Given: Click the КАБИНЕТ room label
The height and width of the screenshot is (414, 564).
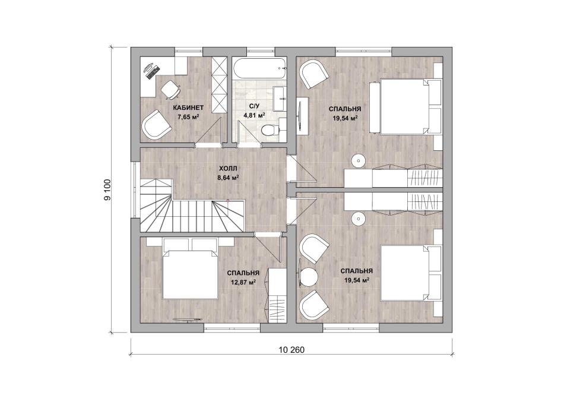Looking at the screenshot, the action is [x=188, y=108].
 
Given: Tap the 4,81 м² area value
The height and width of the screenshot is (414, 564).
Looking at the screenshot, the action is [x=254, y=115].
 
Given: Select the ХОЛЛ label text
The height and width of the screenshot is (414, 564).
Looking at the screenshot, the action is [x=228, y=169].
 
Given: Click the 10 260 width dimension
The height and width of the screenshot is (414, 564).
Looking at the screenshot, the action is [x=291, y=350].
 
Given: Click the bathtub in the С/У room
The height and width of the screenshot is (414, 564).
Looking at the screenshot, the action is [x=259, y=68].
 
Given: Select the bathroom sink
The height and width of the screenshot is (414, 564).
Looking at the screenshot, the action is [x=279, y=98].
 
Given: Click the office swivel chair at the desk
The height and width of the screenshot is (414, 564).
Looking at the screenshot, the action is [x=170, y=89].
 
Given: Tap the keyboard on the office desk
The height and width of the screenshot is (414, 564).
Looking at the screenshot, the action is [x=153, y=72].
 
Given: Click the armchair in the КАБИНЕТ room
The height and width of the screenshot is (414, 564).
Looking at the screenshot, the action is [x=156, y=124].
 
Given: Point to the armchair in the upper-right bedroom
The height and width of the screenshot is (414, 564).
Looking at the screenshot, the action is [x=315, y=74].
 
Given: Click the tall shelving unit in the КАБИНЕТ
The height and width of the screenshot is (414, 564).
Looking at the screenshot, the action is [x=218, y=85].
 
